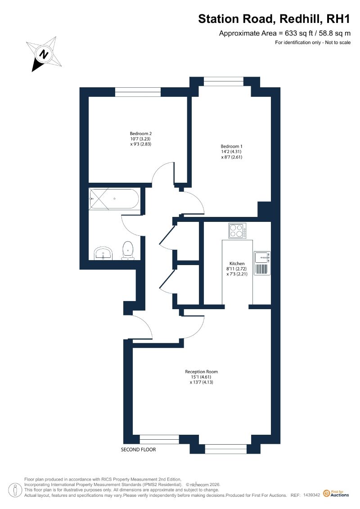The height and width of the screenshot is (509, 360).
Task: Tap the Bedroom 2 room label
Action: pyautogui.click(x=140, y=133)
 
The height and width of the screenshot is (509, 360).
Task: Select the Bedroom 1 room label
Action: pyautogui.click(x=231, y=146)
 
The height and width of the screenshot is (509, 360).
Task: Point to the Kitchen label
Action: pyautogui.click(x=237, y=264)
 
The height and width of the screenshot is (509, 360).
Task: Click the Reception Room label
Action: pyautogui.click(x=201, y=372)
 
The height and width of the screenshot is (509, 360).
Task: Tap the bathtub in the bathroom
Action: pyautogui.click(x=114, y=198)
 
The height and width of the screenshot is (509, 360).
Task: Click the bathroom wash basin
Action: pyautogui.click(x=103, y=253)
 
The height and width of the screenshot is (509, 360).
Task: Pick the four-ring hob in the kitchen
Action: pyautogui.click(x=237, y=231)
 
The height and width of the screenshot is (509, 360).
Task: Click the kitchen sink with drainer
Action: pyautogui.click(x=262, y=263)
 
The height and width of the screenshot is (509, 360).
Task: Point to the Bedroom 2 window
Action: pyautogui.click(x=138, y=92)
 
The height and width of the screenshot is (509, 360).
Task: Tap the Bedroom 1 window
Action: pyautogui.click(x=223, y=81)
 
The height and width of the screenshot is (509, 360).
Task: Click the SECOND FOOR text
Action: pyautogui.click(x=138, y=450)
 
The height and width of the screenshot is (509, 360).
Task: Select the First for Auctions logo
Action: pyautogui.click(x=336, y=494)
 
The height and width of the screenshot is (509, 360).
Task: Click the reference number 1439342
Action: pyautogui.click(x=312, y=495)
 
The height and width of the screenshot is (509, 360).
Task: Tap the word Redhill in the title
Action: pyautogui.click(x=301, y=19)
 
